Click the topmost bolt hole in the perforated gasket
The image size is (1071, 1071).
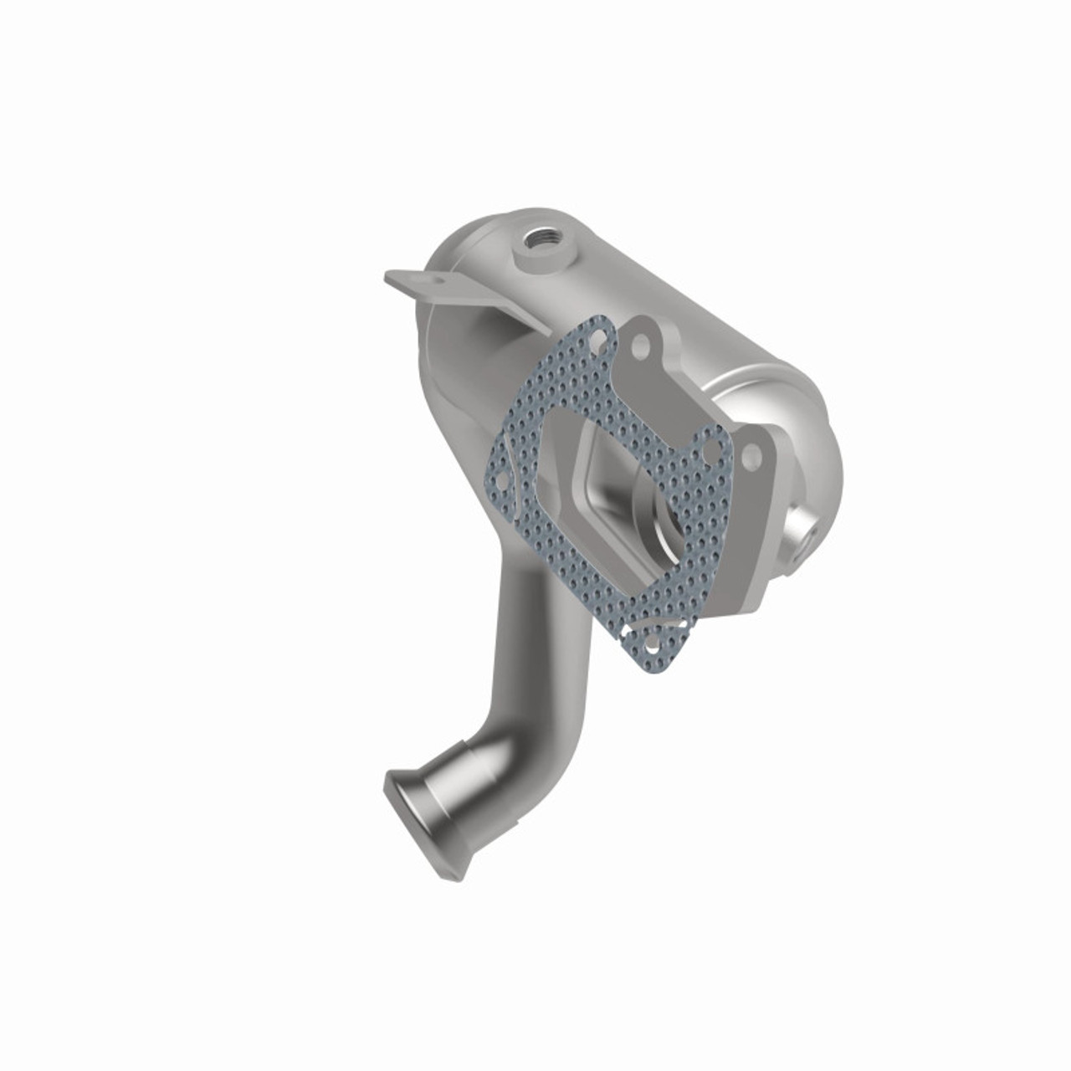[596, 338]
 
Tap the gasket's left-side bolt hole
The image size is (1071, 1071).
[500, 484]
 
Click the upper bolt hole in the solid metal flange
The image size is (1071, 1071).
[641, 342]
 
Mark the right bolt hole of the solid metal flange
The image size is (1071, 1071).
[751, 456]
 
